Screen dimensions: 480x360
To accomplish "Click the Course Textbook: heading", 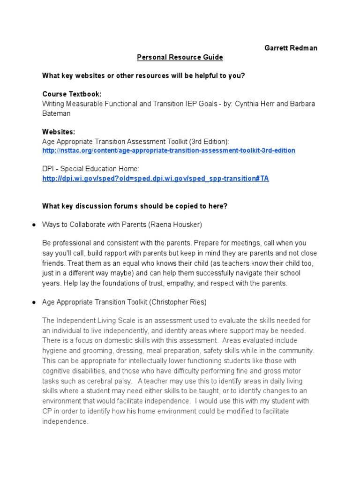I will tap(72, 94).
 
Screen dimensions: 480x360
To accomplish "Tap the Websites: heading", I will tap(59, 132).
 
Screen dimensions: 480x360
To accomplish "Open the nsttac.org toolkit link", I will tap(169, 150).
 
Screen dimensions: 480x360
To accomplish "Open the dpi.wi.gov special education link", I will tap(156, 179).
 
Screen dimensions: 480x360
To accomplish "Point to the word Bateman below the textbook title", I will tap(57, 113).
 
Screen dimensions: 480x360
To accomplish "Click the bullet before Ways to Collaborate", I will tap(34, 225).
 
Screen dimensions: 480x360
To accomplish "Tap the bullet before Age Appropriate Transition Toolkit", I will tap(34, 303).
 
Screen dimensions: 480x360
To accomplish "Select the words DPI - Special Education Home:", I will tap(91, 168).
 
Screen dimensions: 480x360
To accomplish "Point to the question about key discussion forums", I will tap(135, 206).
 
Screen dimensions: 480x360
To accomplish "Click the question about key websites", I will tap(143, 75).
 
